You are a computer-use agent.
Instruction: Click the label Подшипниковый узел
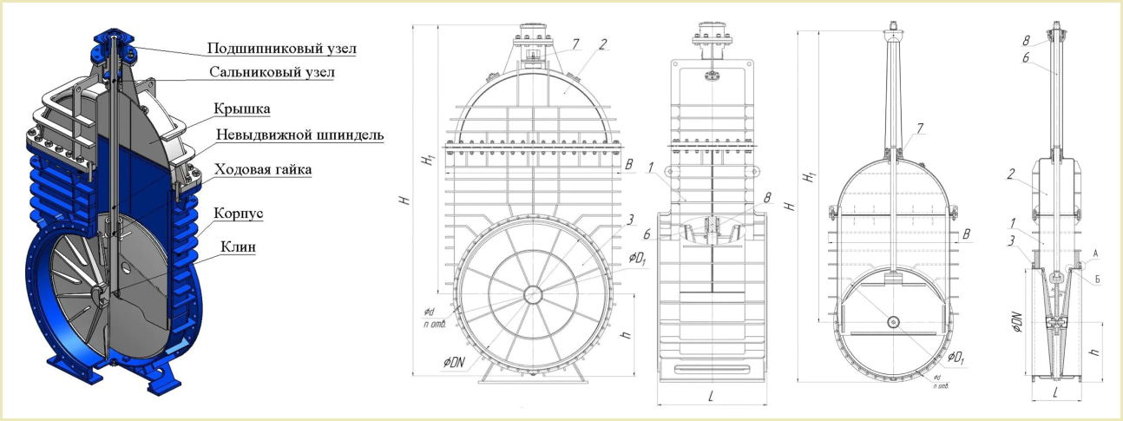[x=282, y=48]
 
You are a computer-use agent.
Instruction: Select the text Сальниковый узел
[x=272, y=72]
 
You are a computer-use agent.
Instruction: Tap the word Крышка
[x=241, y=109]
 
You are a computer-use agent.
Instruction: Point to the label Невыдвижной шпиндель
[x=299, y=135]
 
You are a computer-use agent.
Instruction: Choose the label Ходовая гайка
[x=263, y=169]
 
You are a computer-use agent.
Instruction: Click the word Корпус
[x=238, y=214]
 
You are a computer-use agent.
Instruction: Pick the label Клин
[x=238, y=247]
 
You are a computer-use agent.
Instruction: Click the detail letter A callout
[x=1095, y=253]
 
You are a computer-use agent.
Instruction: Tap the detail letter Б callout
[x=1098, y=280]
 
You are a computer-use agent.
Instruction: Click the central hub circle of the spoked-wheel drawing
[x=532, y=294]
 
